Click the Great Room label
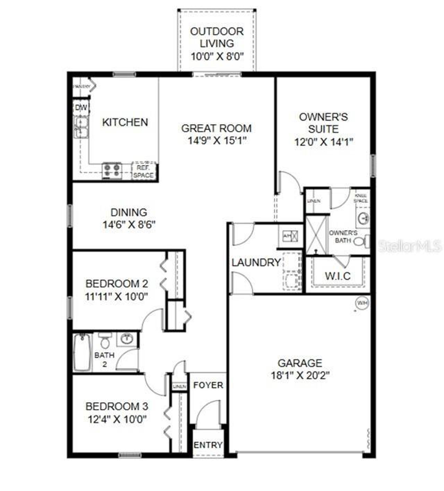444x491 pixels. tap(216, 128)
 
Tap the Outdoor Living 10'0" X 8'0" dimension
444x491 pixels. tap(217, 56)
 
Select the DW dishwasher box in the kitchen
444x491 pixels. tap(81, 108)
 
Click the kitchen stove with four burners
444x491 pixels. tap(112, 170)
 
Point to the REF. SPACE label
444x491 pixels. tap(143, 172)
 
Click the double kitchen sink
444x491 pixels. tap(81, 127)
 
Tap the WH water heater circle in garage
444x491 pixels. tap(362, 303)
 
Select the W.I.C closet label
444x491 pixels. tap(338, 276)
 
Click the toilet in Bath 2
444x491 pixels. tap(104, 342)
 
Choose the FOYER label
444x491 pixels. tap(208, 385)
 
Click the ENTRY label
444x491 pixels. tap(208, 445)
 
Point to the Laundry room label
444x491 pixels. tap(256, 262)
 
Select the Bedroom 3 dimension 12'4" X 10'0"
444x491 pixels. tap(117, 419)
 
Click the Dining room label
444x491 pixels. tap(129, 212)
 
